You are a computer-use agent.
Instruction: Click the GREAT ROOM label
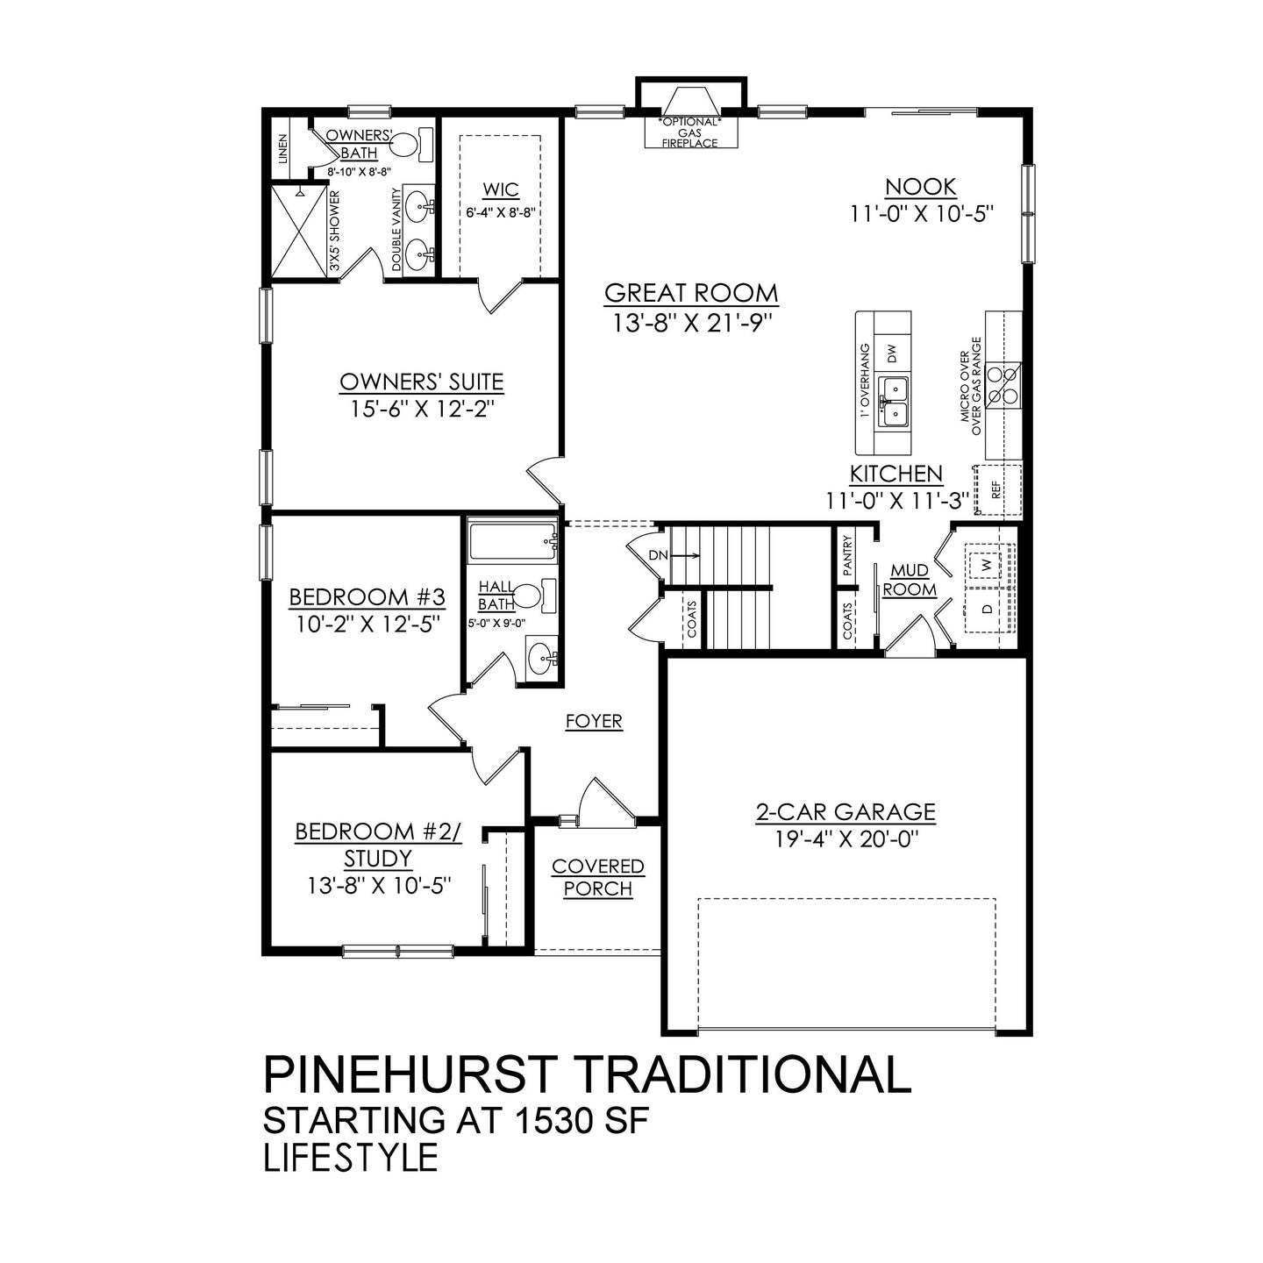(x=691, y=293)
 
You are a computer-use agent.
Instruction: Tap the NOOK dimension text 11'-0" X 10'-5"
(x=920, y=214)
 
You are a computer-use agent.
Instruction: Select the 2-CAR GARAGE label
(x=846, y=812)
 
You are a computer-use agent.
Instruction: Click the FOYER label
(x=594, y=722)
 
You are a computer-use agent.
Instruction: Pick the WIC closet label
(x=501, y=190)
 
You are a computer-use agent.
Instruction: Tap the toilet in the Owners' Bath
(x=406, y=143)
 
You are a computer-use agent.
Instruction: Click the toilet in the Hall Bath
(x=528, y=596)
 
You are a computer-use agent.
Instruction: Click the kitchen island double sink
(x=892, y=399)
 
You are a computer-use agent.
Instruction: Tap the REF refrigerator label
(x=996, y=489)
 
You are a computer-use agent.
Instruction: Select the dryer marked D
(x=988, y=609)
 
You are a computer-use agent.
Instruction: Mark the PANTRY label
(x=847, y=555)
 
